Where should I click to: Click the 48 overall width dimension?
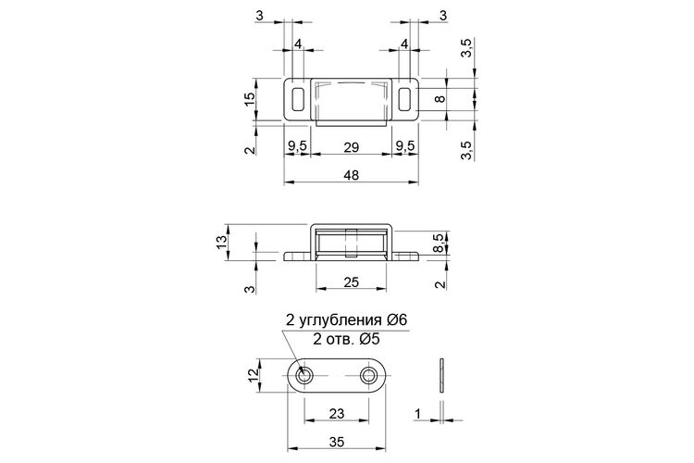coord(351,175)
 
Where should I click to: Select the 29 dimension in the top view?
coord(351,147)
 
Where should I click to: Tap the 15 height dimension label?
coord(250,98)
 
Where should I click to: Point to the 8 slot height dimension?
coord(440,98)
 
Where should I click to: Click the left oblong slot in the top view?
coord(298,99)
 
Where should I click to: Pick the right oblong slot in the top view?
coord(404,99)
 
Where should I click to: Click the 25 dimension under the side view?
coord(351,282)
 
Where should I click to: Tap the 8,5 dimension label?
coord(439,244)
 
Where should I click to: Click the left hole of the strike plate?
coord(304,376)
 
